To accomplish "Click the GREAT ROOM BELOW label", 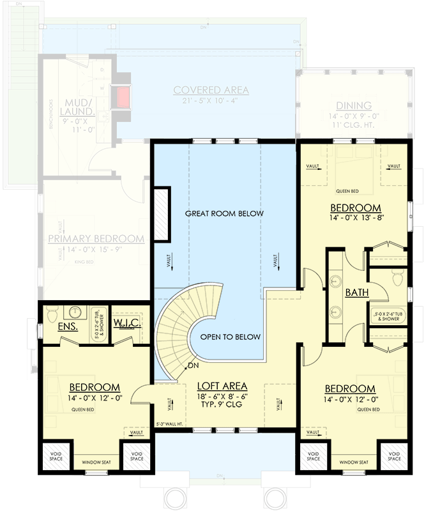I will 224,213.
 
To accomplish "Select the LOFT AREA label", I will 222,386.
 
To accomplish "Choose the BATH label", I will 356,293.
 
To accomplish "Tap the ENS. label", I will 68,326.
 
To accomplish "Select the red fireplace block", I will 121,97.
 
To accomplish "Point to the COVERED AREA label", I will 211,90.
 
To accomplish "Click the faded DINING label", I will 354,106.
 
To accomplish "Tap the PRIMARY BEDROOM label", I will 96,239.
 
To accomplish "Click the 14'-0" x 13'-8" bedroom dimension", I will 355,218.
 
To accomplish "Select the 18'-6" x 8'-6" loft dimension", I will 222,396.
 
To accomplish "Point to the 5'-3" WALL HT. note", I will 169,423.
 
